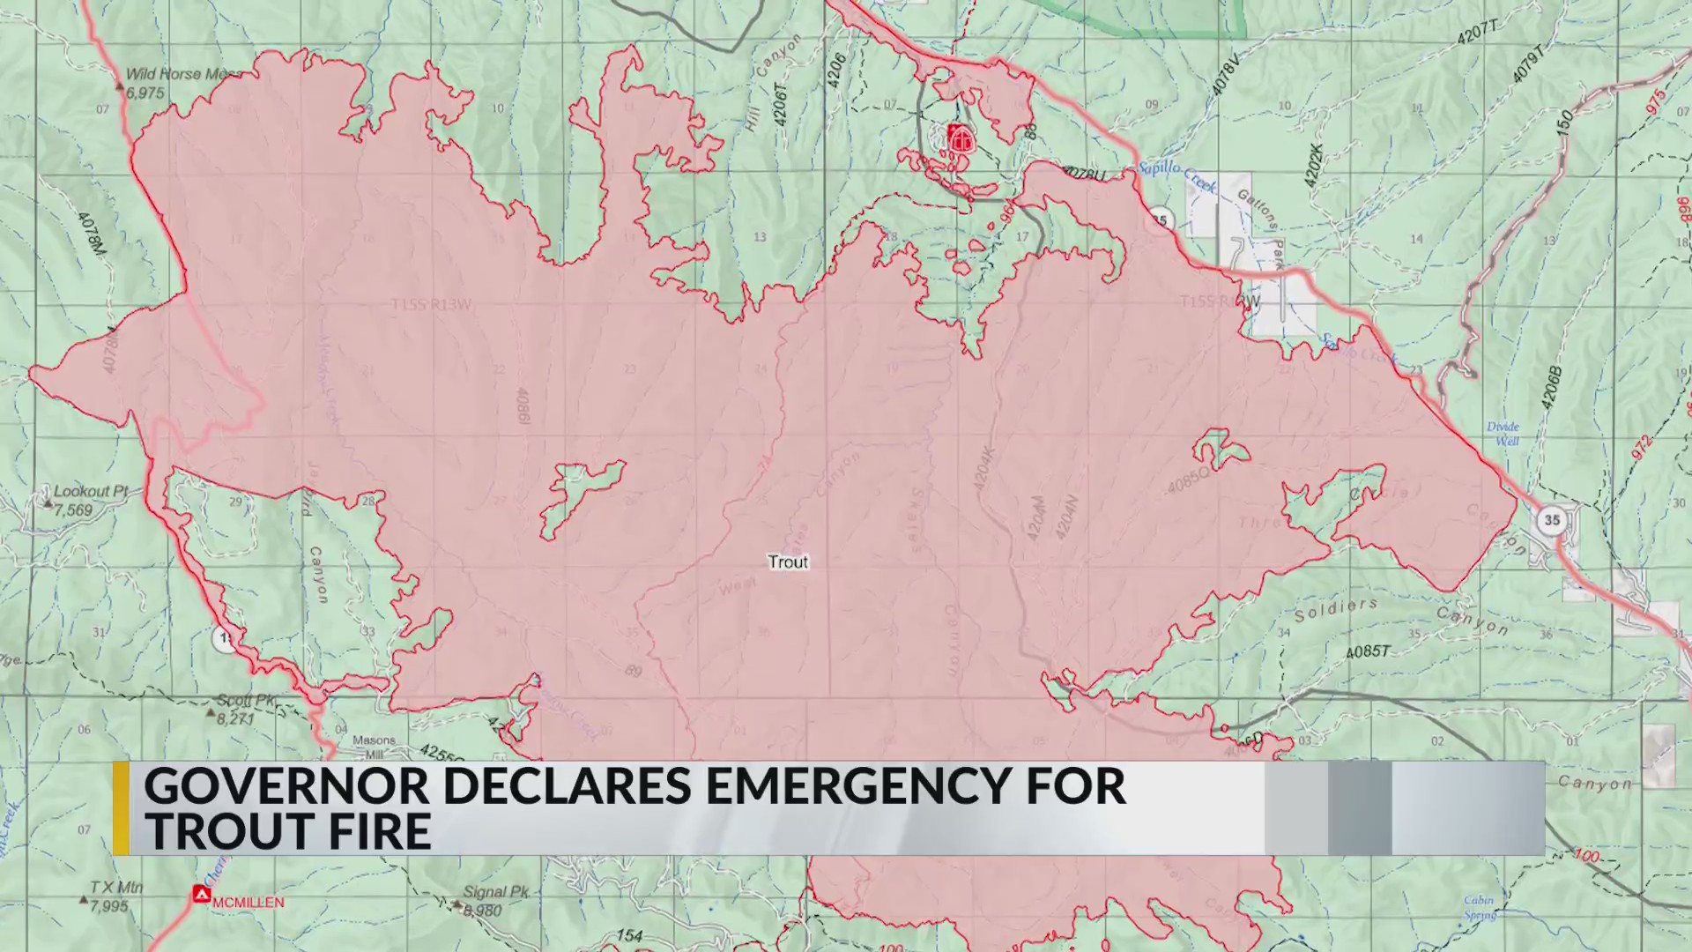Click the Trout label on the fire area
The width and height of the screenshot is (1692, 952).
coord(787,562)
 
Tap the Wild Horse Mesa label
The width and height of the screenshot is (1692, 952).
coord(181,75)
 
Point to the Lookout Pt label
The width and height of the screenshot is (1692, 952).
coord(91,491)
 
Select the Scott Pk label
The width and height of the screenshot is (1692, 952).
coord(247,700)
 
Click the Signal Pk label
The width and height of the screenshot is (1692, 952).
coord(496,892)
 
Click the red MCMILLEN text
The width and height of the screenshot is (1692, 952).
coord(249,903)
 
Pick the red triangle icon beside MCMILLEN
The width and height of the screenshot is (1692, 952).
coord(202,895)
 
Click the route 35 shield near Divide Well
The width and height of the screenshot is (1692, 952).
coord(1551,520)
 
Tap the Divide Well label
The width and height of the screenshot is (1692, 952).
coord(1503,433)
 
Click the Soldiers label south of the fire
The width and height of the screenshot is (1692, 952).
coord(1335,609)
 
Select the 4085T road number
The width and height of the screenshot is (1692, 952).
coord(1367,651)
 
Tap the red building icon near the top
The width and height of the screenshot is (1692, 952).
coord(961,138)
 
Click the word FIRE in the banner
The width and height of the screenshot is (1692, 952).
coord(369,831)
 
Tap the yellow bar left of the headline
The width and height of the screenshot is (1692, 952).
coord(121,808)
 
